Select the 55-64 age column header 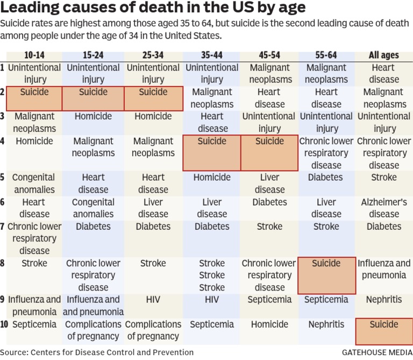tap(326, 55)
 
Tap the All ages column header tap(383, 55)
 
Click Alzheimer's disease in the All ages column tap(384, 208)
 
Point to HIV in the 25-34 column tap(153, 300)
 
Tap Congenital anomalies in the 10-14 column tap(33, 183)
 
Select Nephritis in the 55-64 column tap(326, 324)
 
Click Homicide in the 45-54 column tap(269, 324)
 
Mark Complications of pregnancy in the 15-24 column tap(94, 330)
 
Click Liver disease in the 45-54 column tap(269, 183)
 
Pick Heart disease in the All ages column tap(383, 74)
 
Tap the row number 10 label tap(3, 324)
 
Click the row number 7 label tap(3, 227)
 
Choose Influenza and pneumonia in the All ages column tap(384, 269)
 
